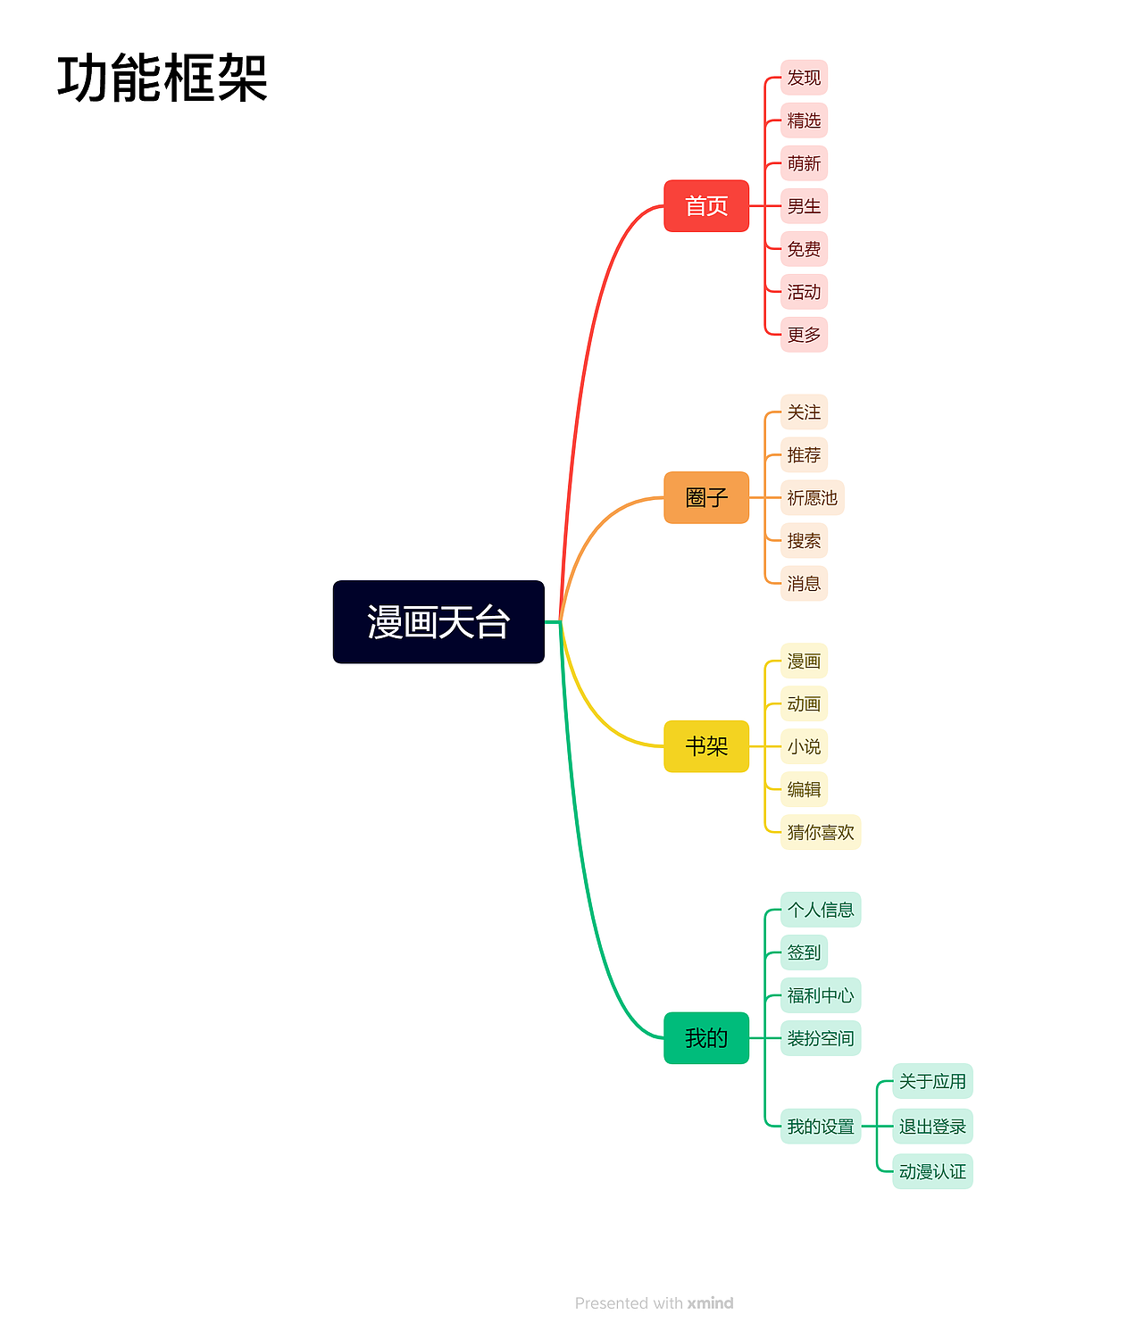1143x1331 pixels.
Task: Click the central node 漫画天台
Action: pos(438,621)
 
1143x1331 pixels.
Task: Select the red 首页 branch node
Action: pos(706,205)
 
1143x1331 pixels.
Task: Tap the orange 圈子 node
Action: pos(706,497)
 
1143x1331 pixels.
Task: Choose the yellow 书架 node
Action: pos(706,745)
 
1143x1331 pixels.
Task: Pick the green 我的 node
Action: pos(706,1037)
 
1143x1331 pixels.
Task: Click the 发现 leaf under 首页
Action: pos(804,78)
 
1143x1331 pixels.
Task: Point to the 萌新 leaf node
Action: pos(804,162)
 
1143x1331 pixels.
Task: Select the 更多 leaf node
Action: pos(804,334)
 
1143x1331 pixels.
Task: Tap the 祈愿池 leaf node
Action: pos(812,497)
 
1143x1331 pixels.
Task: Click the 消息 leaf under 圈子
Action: pos(804,583)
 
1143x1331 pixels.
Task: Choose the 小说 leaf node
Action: pos(804,745)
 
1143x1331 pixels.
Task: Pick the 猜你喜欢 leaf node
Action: pos(821,831)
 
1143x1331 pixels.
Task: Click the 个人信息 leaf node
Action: pos(821,909)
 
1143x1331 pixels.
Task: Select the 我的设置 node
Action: pos(821,1126)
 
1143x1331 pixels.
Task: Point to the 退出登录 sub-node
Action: pos(932,1126)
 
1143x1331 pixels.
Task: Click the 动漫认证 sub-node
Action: pos(932,1170)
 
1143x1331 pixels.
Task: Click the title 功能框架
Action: pos(163,78)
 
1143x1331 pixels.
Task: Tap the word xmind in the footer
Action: pos(710,1302)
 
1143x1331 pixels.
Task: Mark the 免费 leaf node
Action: pos(804,248)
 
